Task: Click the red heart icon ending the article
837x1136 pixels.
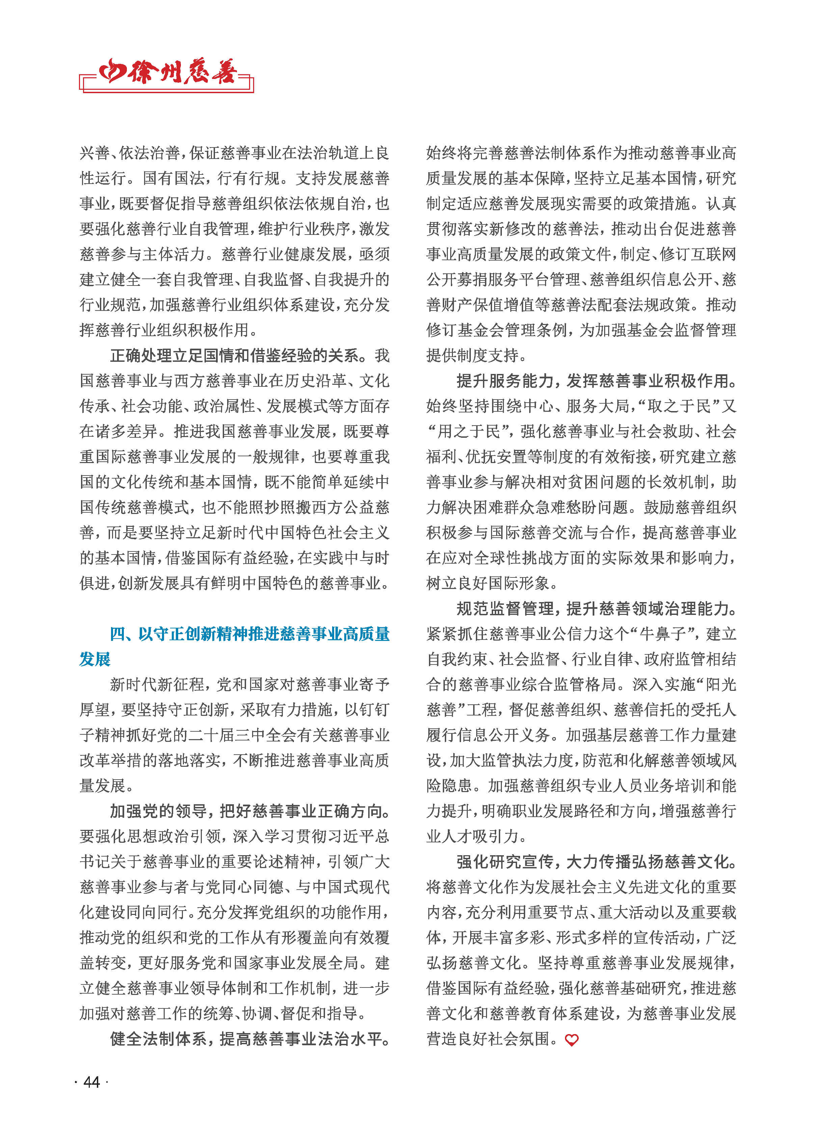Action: pyautogui.click(x=571, y=1040)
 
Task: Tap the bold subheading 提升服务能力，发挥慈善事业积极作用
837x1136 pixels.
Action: pyautogui.click(x=596, y=381)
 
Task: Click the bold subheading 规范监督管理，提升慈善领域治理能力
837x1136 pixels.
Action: pyautogui.click(x=596, y=608)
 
